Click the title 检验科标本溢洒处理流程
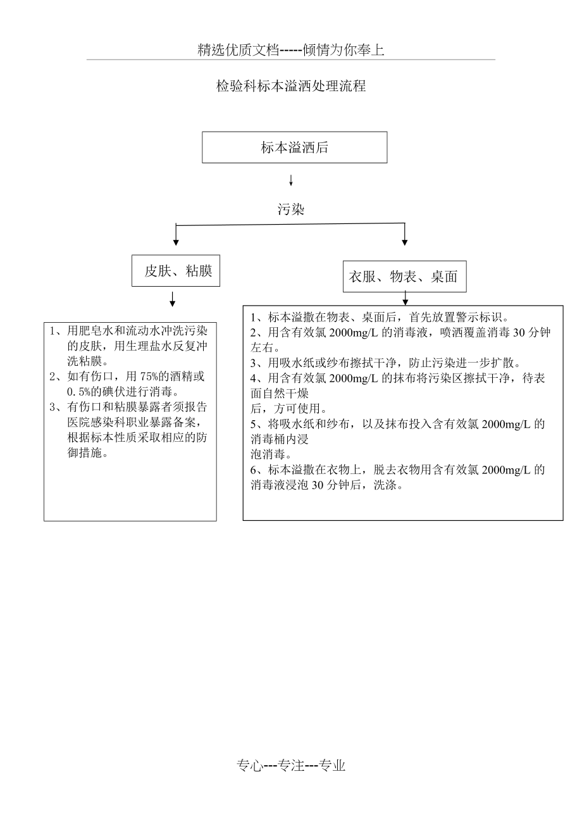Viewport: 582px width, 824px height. pos(291,87)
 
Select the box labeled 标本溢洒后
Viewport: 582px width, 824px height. pos(294,147)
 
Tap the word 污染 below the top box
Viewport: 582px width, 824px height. pos(291,209)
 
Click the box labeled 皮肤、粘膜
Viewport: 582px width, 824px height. pos(176,271)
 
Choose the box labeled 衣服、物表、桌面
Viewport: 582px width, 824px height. pos(404,277)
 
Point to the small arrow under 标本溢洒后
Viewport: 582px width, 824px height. pos(291,181)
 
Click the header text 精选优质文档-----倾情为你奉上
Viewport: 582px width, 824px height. pos(291,51)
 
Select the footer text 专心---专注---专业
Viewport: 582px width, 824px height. pos(291,766)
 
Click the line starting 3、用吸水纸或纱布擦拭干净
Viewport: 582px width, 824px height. pos(385,363)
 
